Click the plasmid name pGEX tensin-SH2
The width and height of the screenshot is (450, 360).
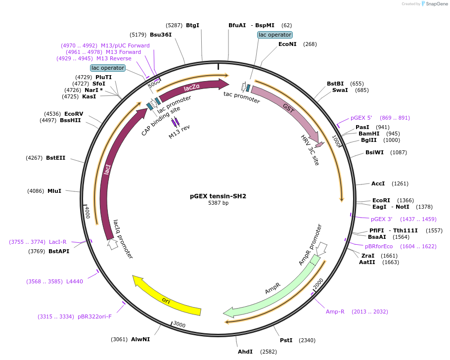click(218, 196)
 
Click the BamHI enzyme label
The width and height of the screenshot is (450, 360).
click(369, 134)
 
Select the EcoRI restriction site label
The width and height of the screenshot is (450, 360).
click(381, 200)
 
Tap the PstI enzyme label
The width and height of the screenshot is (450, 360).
click(286, 340)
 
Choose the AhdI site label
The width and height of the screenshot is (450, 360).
click(245, 352)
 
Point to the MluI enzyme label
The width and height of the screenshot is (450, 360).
click(54, 190)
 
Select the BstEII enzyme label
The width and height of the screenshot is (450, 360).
click(55, 158)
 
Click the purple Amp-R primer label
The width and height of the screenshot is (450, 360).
click(335, 312)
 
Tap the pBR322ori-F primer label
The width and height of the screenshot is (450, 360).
click(94, 316)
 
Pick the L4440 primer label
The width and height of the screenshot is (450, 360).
click(73, 281)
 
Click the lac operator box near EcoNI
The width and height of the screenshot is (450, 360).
click(275, 35)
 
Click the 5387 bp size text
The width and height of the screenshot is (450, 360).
click(218, 203)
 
